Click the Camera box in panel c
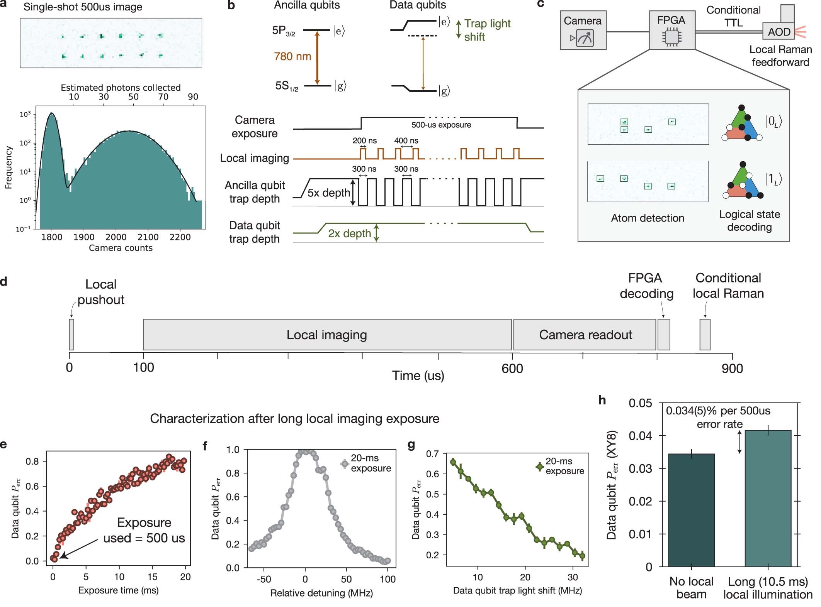tap(583, 30)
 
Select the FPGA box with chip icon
tap(671, 30)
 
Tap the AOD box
tap(778, 32)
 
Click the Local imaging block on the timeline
tap(327, 335)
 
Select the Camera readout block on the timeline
tap(585, 335)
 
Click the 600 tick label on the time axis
tap(512, 369)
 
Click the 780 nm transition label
tap(292, 57)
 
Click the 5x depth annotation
tap(328, 193)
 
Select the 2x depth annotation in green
tap(349, 233)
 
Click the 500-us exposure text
tap(441, 125)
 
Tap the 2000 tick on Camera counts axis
tap(116, 237)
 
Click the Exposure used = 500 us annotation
tap(144, 530)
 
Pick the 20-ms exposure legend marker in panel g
tap(539, 467)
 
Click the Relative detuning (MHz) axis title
tap(321, 593)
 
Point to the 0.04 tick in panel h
tap(640, 436)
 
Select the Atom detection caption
tap(647, 218)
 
